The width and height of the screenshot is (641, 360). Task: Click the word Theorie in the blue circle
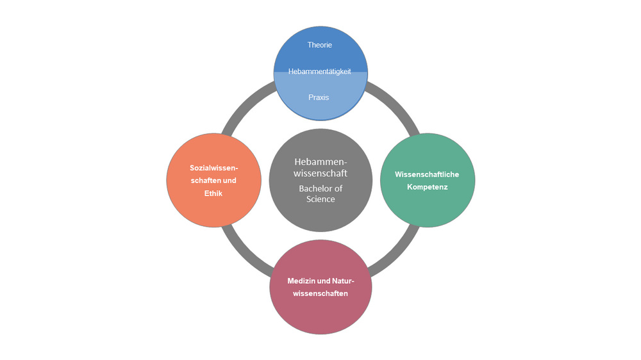320,45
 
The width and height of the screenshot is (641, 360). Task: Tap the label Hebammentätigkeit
320,72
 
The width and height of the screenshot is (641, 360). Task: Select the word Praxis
319,97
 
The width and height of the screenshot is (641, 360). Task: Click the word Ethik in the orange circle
213,193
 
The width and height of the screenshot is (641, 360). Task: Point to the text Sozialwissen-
213,167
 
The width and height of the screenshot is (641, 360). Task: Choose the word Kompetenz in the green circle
427,187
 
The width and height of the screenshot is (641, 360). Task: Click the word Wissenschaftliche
427,174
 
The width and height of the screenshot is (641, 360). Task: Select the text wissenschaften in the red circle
320,293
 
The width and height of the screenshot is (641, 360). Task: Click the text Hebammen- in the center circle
320,161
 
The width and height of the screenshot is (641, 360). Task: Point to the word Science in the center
320,199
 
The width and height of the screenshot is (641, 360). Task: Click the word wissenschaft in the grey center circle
320,173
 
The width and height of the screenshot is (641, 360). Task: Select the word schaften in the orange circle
204,180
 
